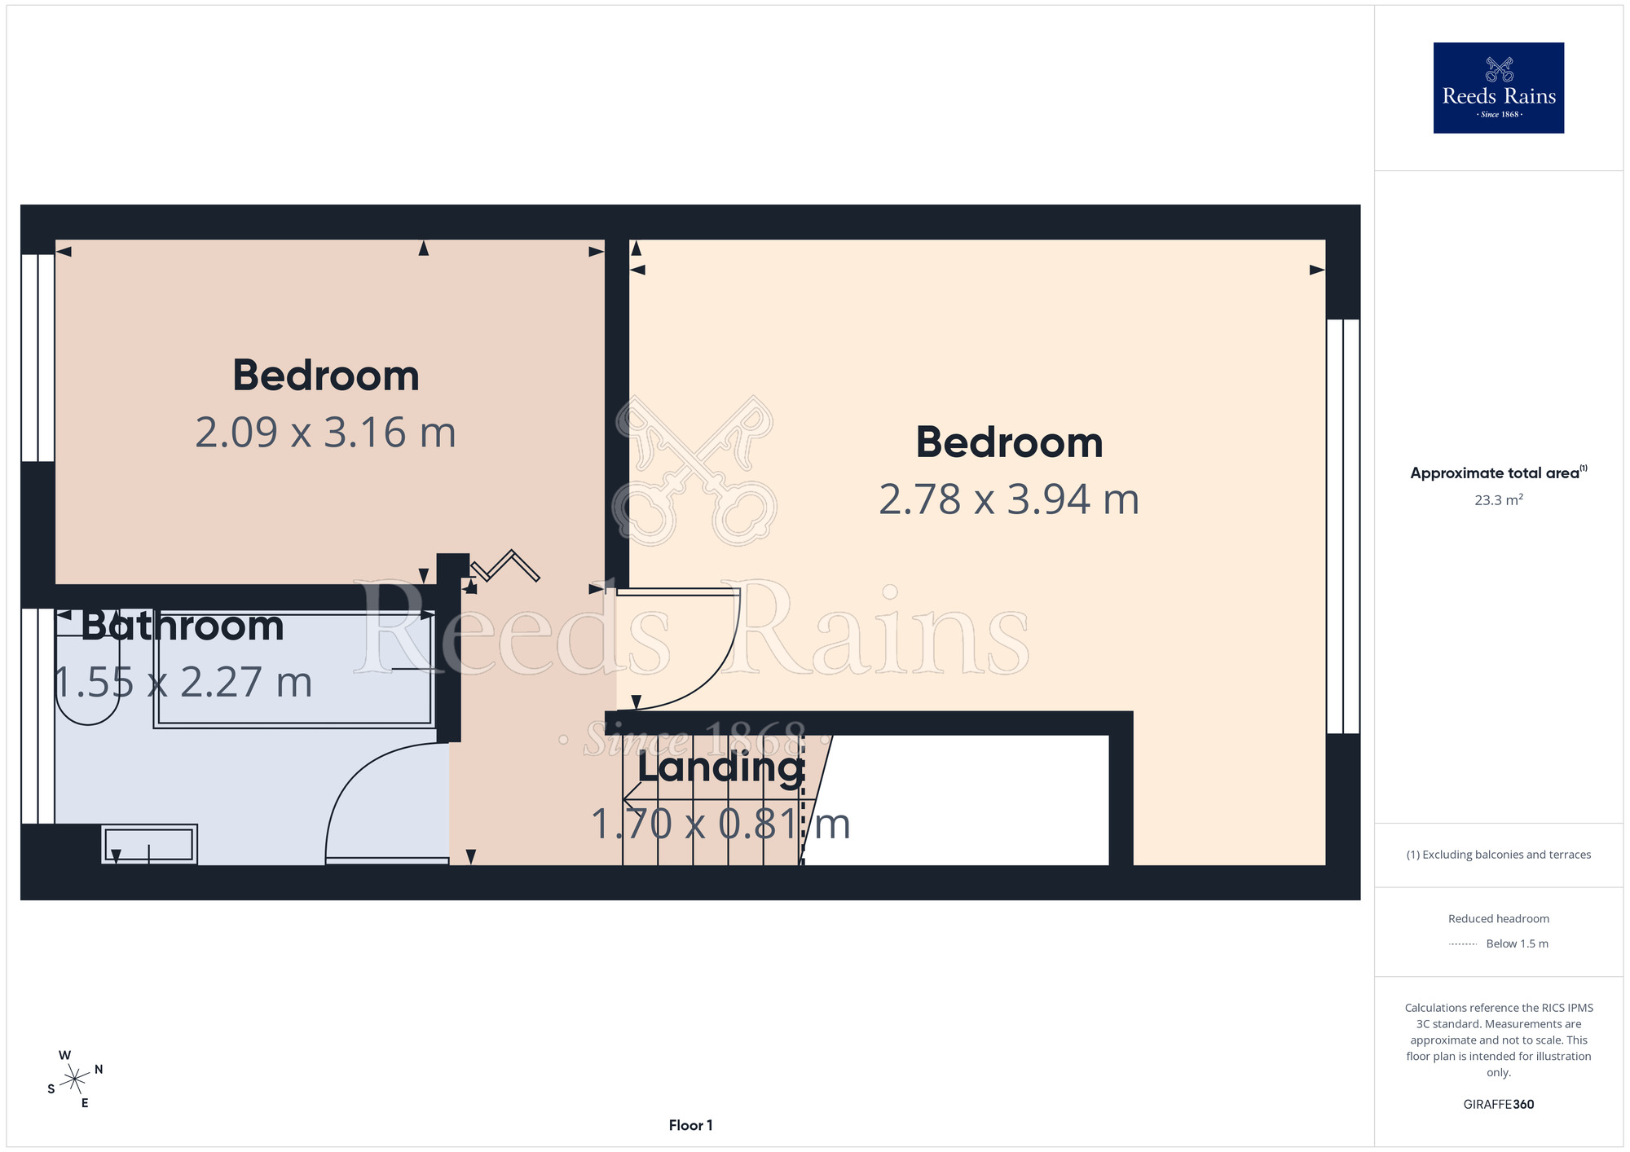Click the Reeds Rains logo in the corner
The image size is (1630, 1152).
[x=1498, y=88]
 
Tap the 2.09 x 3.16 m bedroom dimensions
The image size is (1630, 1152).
[x=325, y=433]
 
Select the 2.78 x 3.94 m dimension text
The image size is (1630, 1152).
[x=1009, y=499]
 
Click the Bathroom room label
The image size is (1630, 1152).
[x=183, y=626]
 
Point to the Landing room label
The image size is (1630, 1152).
[x=721, y=768]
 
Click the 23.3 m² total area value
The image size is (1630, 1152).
[x=1499, y=499]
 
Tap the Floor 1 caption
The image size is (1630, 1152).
[x=690, y=1125]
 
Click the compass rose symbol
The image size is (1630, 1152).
[x=75, y=1079]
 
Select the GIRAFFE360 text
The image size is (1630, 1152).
[x=1499, y=1105]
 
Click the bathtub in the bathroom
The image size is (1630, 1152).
[x=294, y=669]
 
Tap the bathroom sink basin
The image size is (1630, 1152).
[x=149, y=844]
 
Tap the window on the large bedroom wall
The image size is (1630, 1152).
[x=1343, y=526]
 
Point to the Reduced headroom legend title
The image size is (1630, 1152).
[x=1499, y=919]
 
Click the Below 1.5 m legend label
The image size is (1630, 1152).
[x=1517, y=943]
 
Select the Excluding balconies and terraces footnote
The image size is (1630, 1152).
[x=1499, y=855]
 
